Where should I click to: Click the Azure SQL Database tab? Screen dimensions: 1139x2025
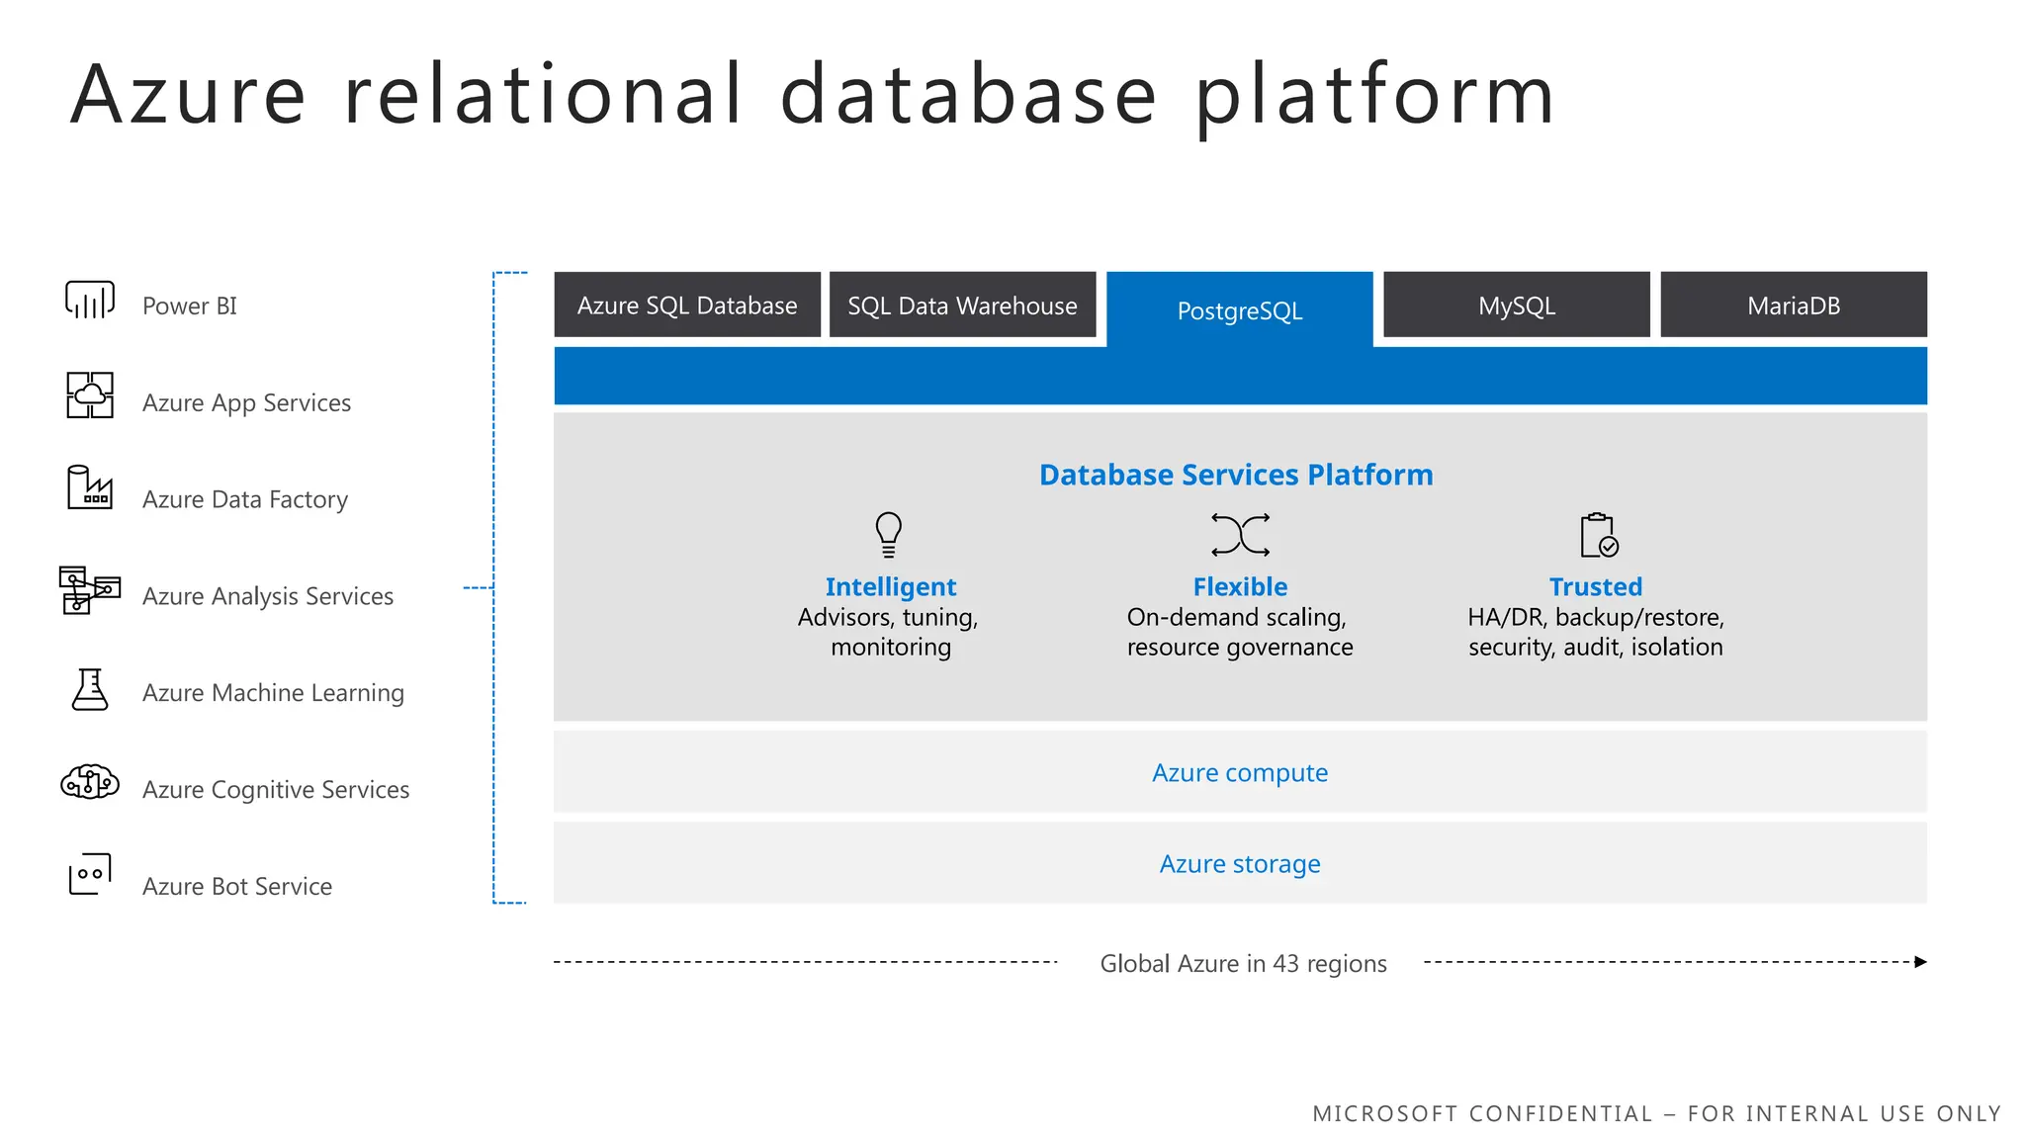coord(687,306)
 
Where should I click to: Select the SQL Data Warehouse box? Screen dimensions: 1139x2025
coord(962,306)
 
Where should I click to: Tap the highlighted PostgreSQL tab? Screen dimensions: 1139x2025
coord(1239,310)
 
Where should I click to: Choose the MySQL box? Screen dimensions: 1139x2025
coord(1516,306)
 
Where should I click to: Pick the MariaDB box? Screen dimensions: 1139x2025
coord(1793,306)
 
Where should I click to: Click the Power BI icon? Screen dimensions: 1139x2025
coord(90,300)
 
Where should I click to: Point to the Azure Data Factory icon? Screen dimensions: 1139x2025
coord(90,487)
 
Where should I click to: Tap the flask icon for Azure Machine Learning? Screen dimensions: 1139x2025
coord(90,689)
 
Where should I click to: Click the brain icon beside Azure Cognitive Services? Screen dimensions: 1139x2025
coord(90,782)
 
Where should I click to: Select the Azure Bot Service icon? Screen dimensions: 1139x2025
coord(90,874)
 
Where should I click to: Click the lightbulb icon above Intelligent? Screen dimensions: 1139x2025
coord(888,535)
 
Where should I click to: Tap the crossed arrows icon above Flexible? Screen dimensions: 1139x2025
coord(1240,535)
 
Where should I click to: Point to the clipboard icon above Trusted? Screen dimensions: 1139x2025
coord(1598,536)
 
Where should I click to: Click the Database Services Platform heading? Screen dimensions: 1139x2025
coord(1236,475)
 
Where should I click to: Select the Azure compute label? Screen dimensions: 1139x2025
coord(1240,772)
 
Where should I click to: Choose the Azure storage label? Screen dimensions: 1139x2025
coord(1240,863)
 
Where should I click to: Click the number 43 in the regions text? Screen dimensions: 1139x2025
coord(1285,963)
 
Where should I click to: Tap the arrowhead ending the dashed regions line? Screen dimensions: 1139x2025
coord(1920,962)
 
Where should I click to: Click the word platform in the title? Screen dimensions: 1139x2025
coord(1374,96)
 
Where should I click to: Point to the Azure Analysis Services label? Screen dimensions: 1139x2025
coord(267,596)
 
